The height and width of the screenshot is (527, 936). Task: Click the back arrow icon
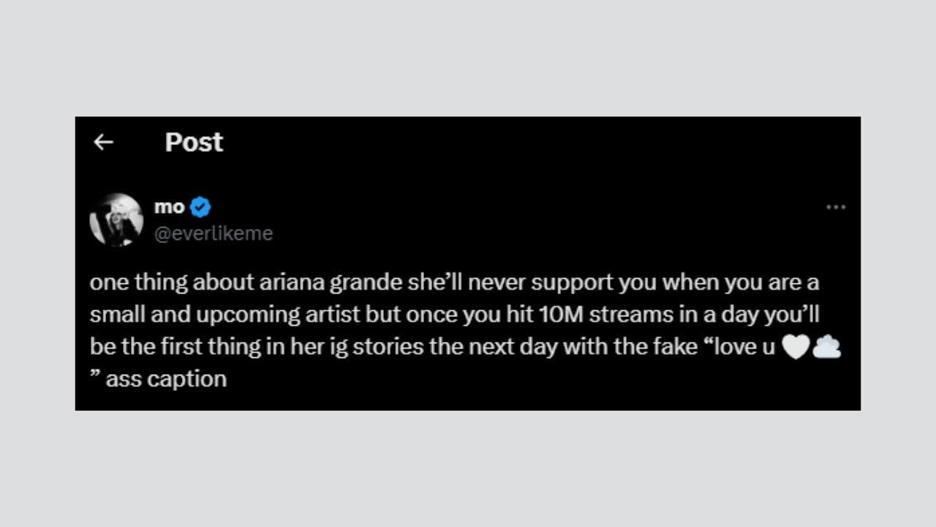pyautogui.click(x=103, y=142)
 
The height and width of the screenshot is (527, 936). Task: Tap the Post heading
pyautogui.click(x=194, y=142)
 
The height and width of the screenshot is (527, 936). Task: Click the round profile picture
pyautogui.click(x=116, y=220)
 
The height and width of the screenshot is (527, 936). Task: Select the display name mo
pyautogui.click(x=169, y=207)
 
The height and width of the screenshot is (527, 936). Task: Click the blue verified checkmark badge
pyautogui.click(x=200, y=207)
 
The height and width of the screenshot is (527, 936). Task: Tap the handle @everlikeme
pyautogui.click(x=214, y=233)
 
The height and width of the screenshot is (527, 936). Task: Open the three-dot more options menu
pyautogui.click(x=836, y=207)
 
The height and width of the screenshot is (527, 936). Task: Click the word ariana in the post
pyautogui.click(x=292, y=283)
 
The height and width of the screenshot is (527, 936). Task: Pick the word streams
pyautogui.click(x=631, y=315)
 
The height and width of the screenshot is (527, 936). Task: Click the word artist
pyautogui.click(x=332, y=315)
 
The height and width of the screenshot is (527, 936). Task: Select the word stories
pyautogui.click(x=388, y=347)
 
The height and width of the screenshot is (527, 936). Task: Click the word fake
pyautogui.click(x=676, y=347)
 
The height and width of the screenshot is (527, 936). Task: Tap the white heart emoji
pyautogui.click(x=796, y=347)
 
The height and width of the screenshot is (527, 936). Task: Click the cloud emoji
pyautogui.click(x=826, y=347)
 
